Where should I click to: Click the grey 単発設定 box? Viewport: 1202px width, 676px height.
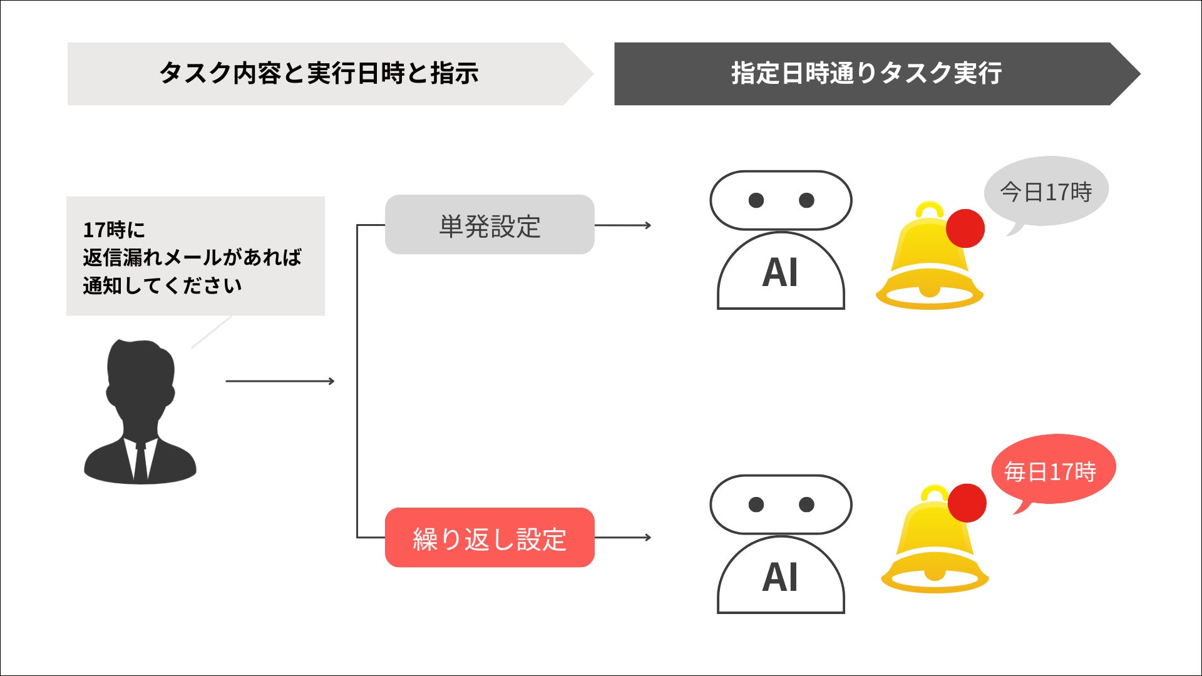[x=489, y=225]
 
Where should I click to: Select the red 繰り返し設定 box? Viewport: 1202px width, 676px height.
[x=489, y=538]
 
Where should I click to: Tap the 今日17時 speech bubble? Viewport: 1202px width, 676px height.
[x=1046, y=191]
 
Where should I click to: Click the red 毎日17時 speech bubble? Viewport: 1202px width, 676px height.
[x=1052, y=470]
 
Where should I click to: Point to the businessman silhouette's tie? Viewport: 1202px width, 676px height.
[x=140, y=460]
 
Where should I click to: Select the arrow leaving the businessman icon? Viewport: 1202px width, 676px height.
[x=280, y=381]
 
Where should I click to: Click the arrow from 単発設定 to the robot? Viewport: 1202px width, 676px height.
[x=622, y=225]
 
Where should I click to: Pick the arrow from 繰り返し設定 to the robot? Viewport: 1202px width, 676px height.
[x=622, y=537]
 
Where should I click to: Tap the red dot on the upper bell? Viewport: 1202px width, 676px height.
[x=965, y=228]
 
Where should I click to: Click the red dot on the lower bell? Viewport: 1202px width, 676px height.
[x=967, y=503]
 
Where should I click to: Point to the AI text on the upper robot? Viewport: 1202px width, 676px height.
[x=780, y=274]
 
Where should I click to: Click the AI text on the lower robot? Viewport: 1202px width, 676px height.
[x=780, y=578]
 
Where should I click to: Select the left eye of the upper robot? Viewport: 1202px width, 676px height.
[x=756, y=200]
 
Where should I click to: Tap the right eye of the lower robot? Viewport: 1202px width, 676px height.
[x=806, y=504]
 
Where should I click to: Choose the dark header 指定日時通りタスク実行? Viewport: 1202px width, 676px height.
[x=866, y=74]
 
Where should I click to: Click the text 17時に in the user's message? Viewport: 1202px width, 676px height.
[x=114, y=230]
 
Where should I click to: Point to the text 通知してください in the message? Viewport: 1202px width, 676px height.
[x=162, y=285]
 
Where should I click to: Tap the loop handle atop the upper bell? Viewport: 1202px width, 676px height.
[x=930, y=208]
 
